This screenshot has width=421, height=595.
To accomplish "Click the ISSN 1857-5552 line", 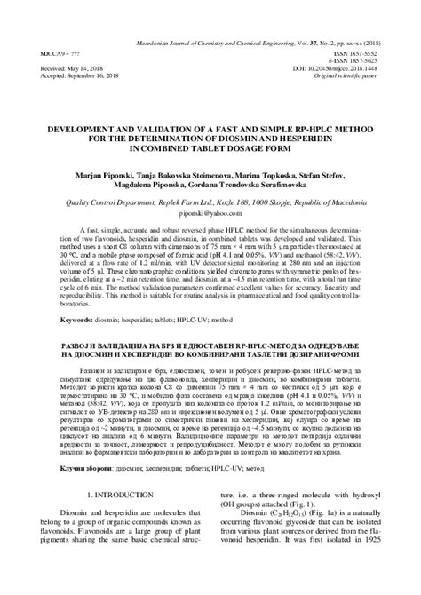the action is coord(376,52).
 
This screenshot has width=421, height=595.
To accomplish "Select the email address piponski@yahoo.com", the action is coord(210,214).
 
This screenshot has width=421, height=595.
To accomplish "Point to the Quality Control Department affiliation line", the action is coord(210,202).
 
